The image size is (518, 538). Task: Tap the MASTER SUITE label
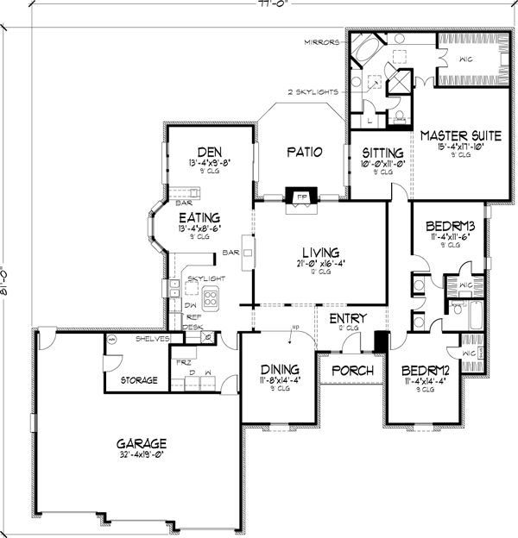(x=452, y=135)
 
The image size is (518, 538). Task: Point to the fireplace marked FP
(x=302, y=196)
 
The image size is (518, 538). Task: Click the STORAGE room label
(x=137, y=379)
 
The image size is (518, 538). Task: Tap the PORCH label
(x=352, y=371)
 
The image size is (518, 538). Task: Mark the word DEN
(x=204, y=148)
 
